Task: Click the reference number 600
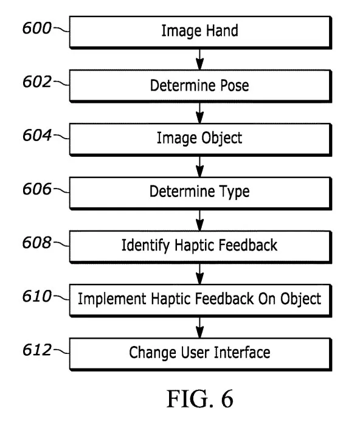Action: (37, 28)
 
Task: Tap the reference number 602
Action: (37, 81)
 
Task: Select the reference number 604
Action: (37, 135)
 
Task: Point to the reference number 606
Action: (37, 189)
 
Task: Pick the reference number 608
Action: (37, 242)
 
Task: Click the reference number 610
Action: (37, 296)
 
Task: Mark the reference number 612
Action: (37, 350)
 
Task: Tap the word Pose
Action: (235, 85)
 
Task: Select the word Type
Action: (235, 192)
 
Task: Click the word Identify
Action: (146, 246)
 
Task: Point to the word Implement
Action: (112, 299)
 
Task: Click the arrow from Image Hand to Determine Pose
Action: (199, 60)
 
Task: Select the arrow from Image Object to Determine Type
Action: (199, 167)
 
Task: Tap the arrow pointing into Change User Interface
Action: (199, 328)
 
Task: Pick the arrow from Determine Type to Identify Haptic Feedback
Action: (199, 220)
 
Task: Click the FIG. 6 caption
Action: (200, 398)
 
